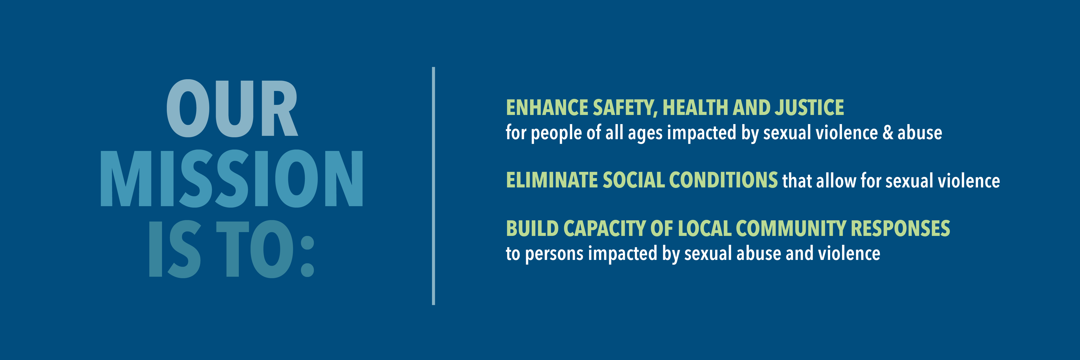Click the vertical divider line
[x=433, y=186]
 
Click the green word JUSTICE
[x=810, y=108]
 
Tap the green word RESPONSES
[x=900, y=229]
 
